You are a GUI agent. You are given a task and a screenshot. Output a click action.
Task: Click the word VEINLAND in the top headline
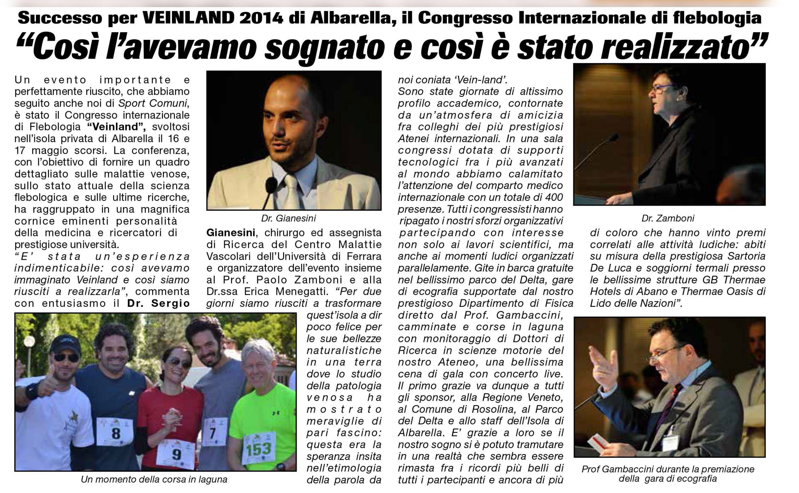[188, 18]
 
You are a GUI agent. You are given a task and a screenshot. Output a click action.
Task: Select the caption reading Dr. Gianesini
[288, 218]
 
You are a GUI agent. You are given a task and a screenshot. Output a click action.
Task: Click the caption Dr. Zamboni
[668, 218]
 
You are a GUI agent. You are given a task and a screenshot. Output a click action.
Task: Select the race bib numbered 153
[258, 449]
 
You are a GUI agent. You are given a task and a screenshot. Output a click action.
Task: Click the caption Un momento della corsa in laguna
[154, 479]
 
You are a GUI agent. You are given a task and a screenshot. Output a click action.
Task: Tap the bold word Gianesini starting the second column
[231, 233]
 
